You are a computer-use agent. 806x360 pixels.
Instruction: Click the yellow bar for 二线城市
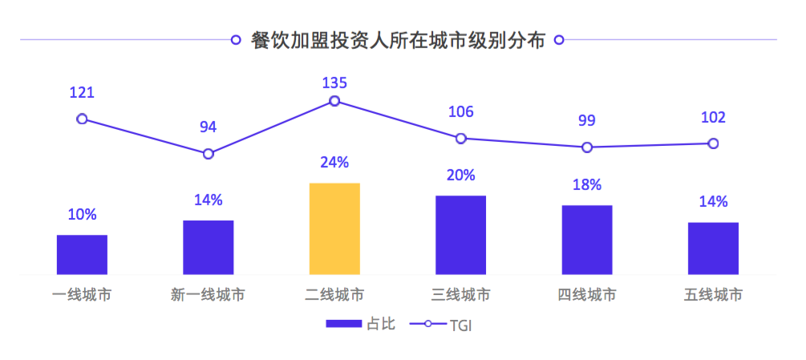(334, 229)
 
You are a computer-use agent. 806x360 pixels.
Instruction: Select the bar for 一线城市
(82, 254)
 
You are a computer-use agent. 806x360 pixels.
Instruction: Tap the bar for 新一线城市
(208, 247)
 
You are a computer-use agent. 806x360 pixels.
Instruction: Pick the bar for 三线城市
(460, 234)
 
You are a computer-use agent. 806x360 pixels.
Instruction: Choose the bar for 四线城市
(587, 240)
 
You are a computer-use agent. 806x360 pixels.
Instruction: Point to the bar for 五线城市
(713, 248)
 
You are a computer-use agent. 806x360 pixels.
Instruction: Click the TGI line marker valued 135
(334, 101)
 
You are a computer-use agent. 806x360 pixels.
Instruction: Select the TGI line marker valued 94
(209, 153)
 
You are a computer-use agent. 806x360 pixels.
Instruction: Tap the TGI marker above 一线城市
(82, 119)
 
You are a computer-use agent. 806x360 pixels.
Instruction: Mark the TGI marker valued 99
(587, 148)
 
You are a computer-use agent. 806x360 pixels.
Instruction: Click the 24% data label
(334, 163)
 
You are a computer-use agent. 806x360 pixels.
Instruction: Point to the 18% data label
(587, 185)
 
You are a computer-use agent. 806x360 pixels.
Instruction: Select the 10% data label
(82, 215)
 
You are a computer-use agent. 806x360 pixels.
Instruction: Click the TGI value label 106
(460, 112)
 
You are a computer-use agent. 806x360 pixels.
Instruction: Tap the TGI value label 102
(713, 118)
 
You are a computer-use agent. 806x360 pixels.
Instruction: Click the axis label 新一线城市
(208, 295)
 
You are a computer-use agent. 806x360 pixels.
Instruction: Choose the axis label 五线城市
(713, 295)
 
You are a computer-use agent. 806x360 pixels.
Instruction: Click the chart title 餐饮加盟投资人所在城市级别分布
(398, 40)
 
